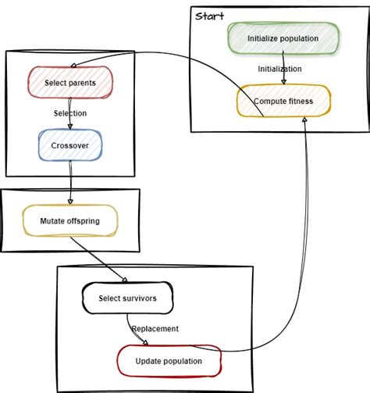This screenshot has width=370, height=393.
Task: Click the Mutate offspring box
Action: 70,220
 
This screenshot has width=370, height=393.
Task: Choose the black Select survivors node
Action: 127,298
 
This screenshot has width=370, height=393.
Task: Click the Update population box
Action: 169,361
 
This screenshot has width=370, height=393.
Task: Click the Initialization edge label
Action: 280,69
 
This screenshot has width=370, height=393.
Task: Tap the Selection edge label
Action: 70,113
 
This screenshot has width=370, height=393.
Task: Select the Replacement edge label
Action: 155,329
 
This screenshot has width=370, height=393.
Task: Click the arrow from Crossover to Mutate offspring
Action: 70,181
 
